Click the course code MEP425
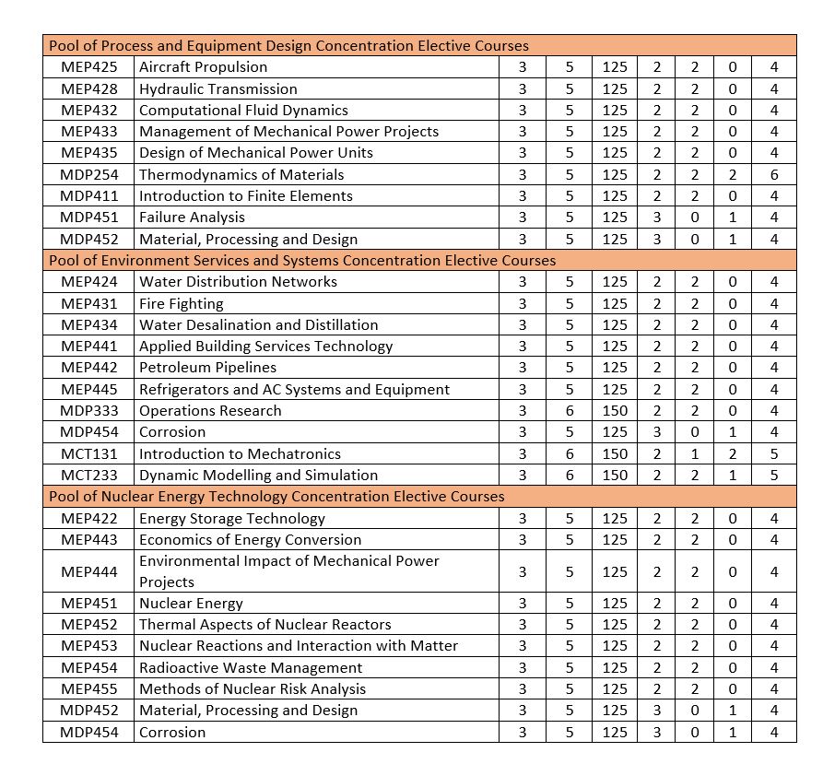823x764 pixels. point(88,67)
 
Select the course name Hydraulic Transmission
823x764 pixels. point(218,89)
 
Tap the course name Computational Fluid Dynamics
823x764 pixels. point(243,111)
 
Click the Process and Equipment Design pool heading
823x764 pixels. point(288,45)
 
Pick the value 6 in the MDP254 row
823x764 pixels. point(774,175)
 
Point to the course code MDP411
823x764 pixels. point(88,196)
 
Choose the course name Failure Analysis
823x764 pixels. point(192,217)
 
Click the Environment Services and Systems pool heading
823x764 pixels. point(302,261)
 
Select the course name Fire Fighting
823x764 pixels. point(181,304)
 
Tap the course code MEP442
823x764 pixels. point(88,368)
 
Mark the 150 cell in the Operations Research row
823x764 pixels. point(615,411)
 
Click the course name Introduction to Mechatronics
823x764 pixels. point(240,454)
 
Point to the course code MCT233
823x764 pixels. point(88,476)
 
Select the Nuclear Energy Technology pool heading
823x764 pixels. point(276,497)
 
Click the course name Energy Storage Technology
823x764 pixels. point(231,519)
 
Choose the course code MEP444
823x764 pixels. point(88,572)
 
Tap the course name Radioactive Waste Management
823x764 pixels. point(251,668)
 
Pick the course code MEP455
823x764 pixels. point(88,689)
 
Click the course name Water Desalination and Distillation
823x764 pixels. point(258,325)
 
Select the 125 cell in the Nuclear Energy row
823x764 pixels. point(615,604)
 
